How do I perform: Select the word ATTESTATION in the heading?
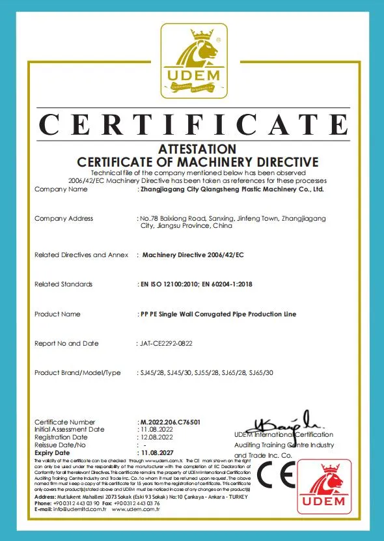pyautogui.click(x=197, y=149)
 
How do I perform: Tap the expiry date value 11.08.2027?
pyautogui.click(x=159, y=452)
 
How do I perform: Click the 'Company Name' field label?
pyautogui.click(x=61, y=189)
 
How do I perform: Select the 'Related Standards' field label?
pyautogui.click(x=63, y=284)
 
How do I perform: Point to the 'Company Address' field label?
pyautogui.click(x=64, y=219)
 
